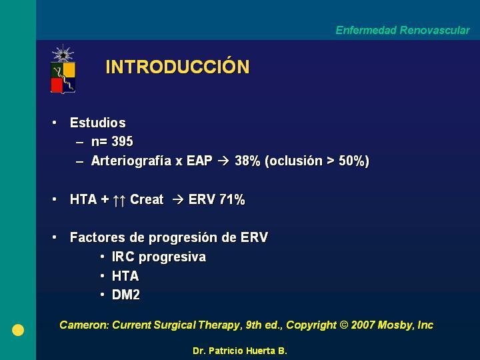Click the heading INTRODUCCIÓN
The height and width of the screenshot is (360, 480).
[177, 66]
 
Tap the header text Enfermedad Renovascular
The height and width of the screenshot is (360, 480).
[403, 30]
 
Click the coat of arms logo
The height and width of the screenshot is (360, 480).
[63, 69]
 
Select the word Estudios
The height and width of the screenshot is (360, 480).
[97, 123]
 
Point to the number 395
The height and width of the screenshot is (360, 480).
[122, 141]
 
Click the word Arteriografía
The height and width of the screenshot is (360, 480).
[131, 161]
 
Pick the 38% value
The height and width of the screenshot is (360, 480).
[247, 161]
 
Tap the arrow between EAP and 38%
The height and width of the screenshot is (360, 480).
[223, 161]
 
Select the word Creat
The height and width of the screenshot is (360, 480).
[147, 199]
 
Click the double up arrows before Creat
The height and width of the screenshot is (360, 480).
[119, 201]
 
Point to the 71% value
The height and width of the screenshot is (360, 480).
[232, 199]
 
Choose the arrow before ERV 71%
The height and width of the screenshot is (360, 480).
[178, 199]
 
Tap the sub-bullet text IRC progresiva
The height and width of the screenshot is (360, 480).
[159, 257]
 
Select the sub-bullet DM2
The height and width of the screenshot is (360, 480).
[126, 295]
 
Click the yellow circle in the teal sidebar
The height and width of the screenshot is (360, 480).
[18, 330]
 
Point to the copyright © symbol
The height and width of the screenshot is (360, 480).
[344, 325]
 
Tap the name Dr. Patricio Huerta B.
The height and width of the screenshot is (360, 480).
[240, 351]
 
